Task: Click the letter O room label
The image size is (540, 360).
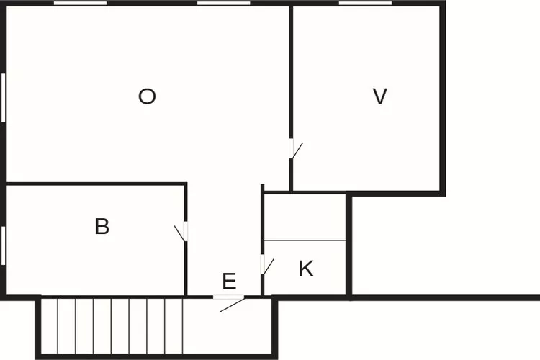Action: pyautogui.click(x=147, y=96)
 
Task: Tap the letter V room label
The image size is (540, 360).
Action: pyautogui.click(x=380, y=96)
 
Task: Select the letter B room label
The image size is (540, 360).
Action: pyautogui.click(x=102, y=227)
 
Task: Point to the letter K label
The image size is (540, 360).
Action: pyautogui.click(x=306, y=269)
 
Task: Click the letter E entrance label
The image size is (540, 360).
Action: pyautogui.click(x=229, y=282)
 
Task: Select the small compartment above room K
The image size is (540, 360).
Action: pyautogui.click(x=305, y=216)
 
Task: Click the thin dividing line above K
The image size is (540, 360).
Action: pyautogui.click(x=305, y=240)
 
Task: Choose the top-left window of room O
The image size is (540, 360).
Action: pyautogui.click(x=81, y=4)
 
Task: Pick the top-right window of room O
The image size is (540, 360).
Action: pyautogui.click(x=223, y=4)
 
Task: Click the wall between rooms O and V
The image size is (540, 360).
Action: pyautogui.click(x=291, y=72)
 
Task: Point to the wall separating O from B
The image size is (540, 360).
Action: pyautogui.click(x=94, y=184)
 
